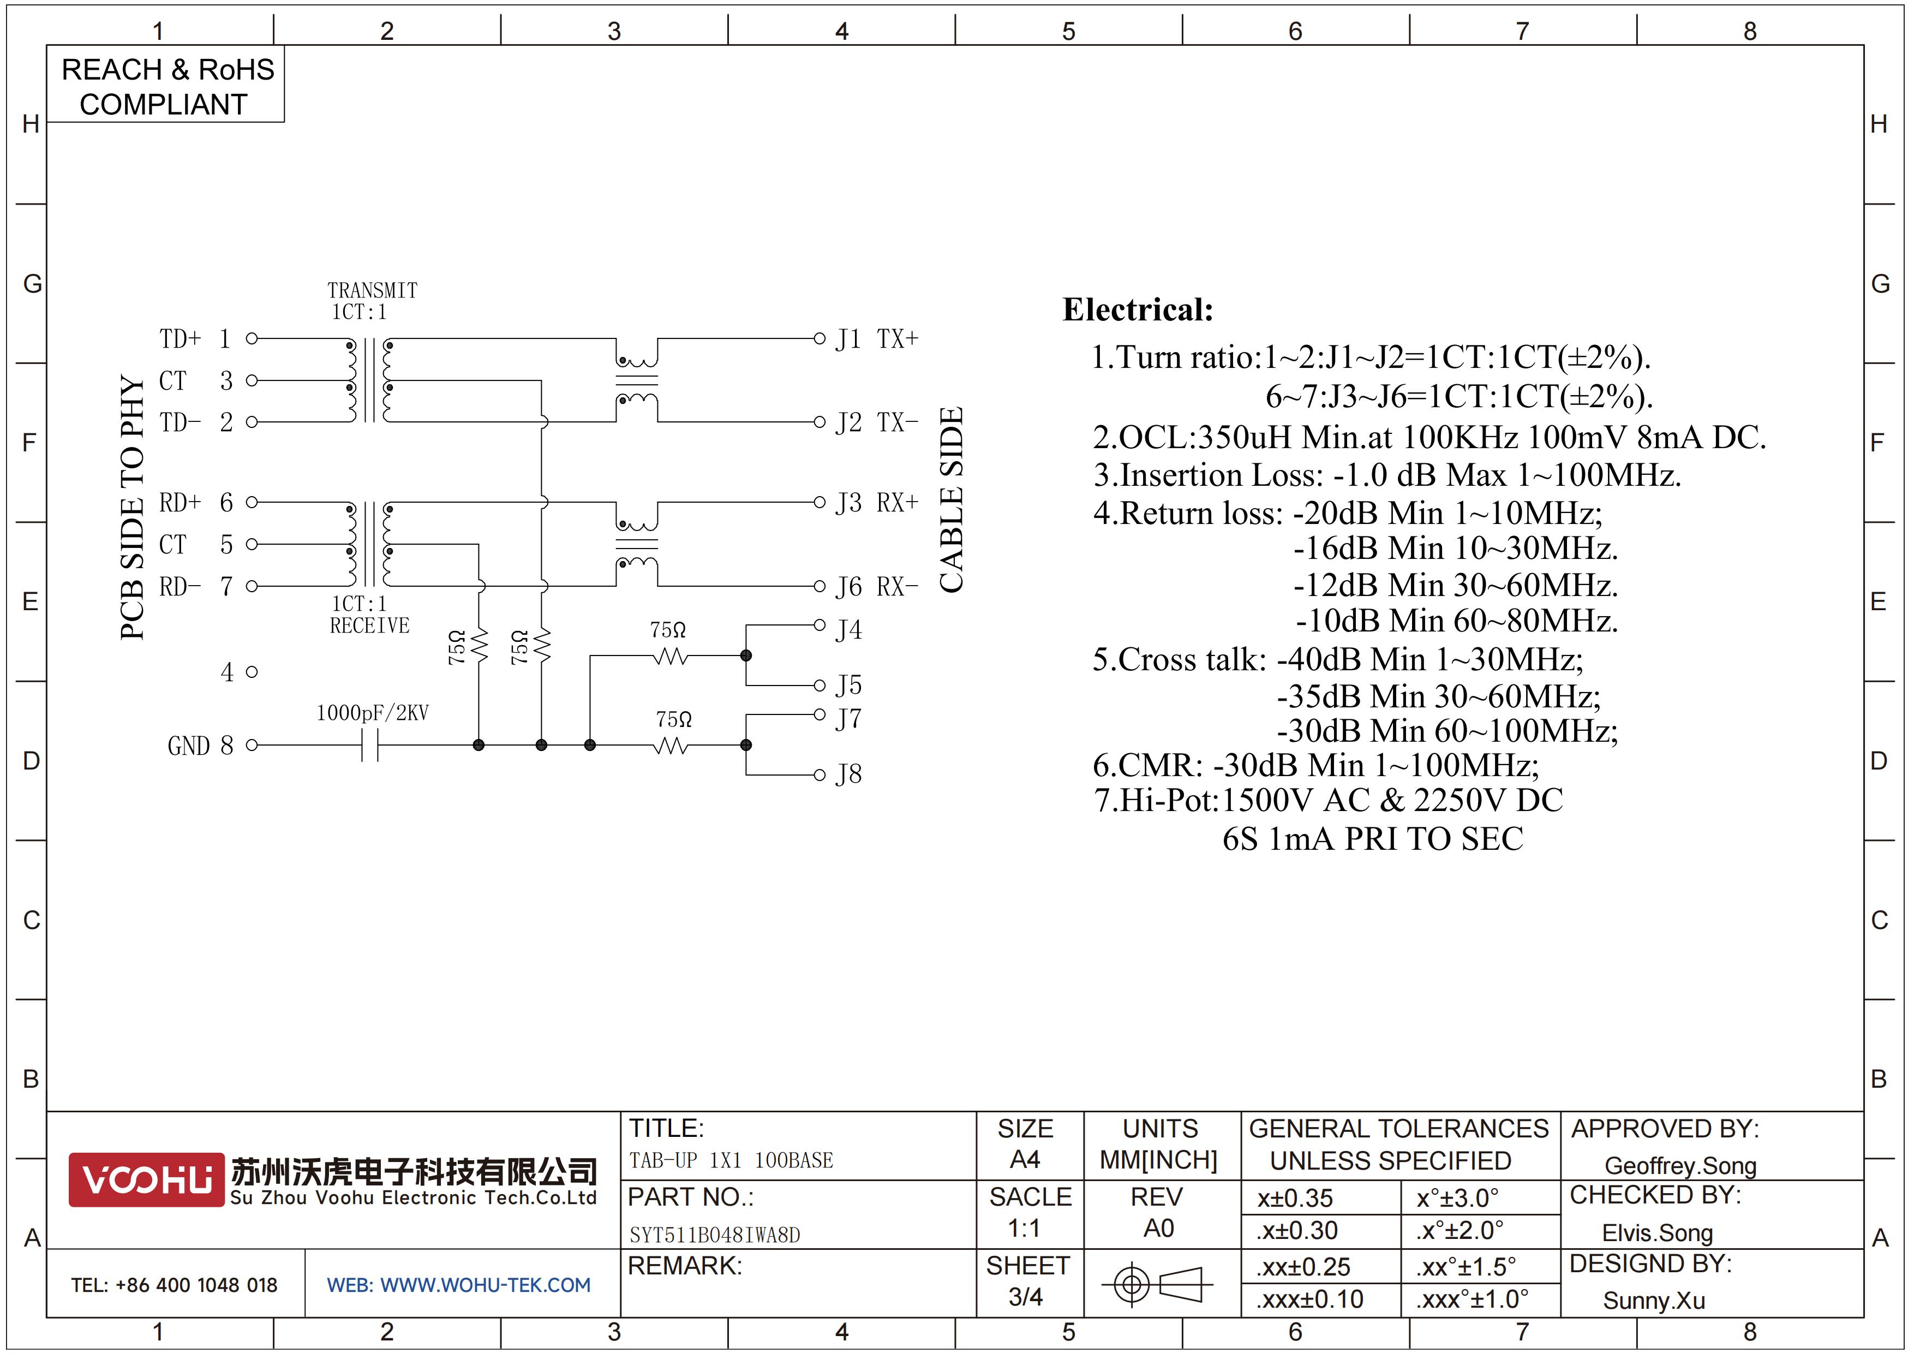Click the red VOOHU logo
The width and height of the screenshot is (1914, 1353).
point(147,1179)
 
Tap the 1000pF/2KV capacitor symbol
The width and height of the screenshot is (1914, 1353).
point(370,746)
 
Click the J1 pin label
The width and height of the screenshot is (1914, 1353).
point(848,339)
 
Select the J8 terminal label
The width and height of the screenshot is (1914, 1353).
point(848,774)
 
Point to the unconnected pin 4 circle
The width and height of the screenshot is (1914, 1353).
point(252,672)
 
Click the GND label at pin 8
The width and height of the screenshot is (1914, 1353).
point(188,746)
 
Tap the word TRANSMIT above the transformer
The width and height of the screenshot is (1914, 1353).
point(373,290)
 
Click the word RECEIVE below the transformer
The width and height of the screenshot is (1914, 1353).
point(370,625)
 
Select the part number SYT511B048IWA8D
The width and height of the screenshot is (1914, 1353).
point(714,1235)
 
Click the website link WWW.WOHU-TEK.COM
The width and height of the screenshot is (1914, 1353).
point(485,1285)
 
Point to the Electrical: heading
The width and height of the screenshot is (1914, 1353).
point(1138,309)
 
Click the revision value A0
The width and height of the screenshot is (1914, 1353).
point(1159,1228)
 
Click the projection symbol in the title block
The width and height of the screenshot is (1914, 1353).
point(1157,1284)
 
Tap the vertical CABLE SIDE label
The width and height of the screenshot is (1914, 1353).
point(951,500)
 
